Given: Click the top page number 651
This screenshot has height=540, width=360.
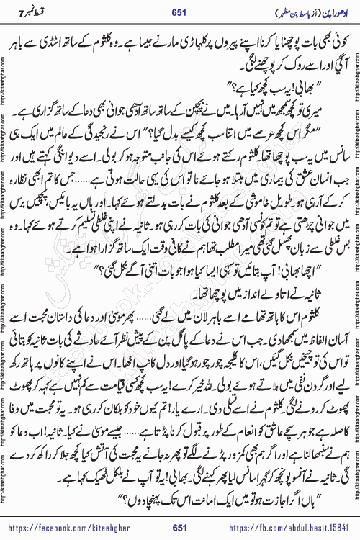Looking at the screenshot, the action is (179, 10).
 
